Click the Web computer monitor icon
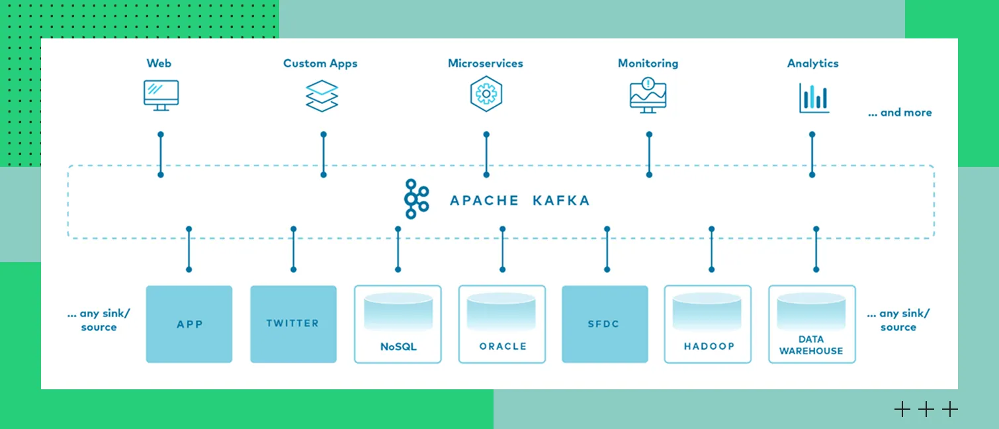161,95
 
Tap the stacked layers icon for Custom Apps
322,96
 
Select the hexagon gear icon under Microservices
486,94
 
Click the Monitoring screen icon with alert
648,95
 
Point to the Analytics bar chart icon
813,97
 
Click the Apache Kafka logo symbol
417,199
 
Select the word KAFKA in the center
560,201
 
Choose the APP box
189,324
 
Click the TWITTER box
293,324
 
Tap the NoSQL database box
398,324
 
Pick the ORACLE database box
502,324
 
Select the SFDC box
605,324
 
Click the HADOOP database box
708,324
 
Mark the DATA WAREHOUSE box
812,324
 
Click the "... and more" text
899,113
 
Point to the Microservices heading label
486,64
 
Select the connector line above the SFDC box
607,249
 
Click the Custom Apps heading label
320,64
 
